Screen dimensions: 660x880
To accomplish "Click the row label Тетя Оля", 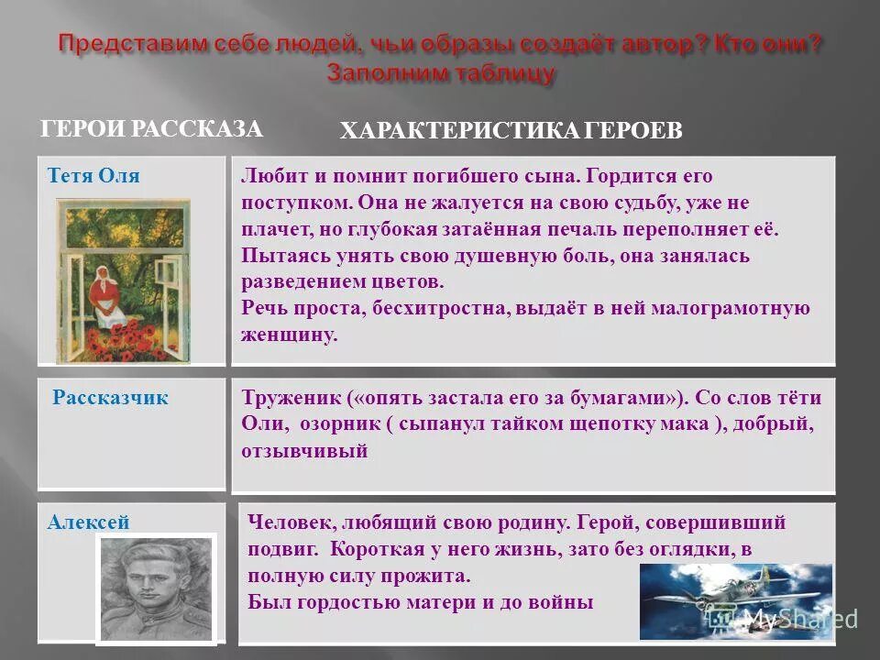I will pyautogui.click(x=93, y=176).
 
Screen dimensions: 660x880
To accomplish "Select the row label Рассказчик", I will pyautogui.click(x=110, y=398).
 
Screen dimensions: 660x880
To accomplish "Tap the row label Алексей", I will pyautogui.click(x=89, y=522).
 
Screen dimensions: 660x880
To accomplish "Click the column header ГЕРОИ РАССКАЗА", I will pyautogui.click(x=152, y=129).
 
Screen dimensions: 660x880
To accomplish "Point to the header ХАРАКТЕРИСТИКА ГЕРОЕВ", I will pyautogui.click(x=511, y=132).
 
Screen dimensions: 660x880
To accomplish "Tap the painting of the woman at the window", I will pyautogui.click(x=124, y=280).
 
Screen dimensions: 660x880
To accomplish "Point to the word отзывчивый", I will pyautogui.click(x=304, y=451).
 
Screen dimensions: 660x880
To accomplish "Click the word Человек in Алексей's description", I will pyautogui.click(x=290, y=522).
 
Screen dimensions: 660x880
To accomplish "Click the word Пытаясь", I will pyautogui.click(x=280, y=256).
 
